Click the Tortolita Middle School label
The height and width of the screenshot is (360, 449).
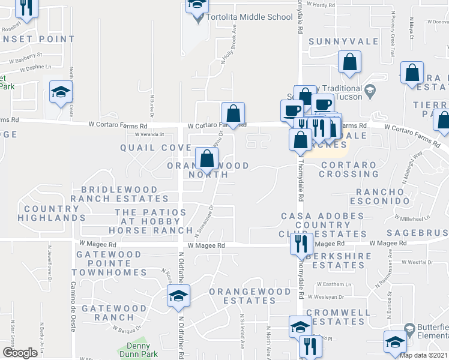click(x=249, y=17)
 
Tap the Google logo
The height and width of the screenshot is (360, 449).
click(x=20, y=353)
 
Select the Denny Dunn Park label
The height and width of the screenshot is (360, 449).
click(x=137, y=350)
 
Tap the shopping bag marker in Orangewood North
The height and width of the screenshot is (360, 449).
click(x=206, y=159)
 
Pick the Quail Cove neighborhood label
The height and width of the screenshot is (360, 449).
click(x=155, y=148)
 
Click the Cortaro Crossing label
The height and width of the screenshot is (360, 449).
click(x=349, y=169)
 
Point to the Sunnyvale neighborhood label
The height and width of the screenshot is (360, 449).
click(x=343, y=42)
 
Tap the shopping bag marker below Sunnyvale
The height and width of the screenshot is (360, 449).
click(x=349, y=62)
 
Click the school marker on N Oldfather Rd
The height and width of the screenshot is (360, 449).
click(x=178, y=296)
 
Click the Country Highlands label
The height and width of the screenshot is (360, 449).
click(x=52, y=213)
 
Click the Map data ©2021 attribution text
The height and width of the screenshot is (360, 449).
click(x=423, y=355)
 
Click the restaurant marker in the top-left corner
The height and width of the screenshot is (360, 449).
click(x=25, y=7)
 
